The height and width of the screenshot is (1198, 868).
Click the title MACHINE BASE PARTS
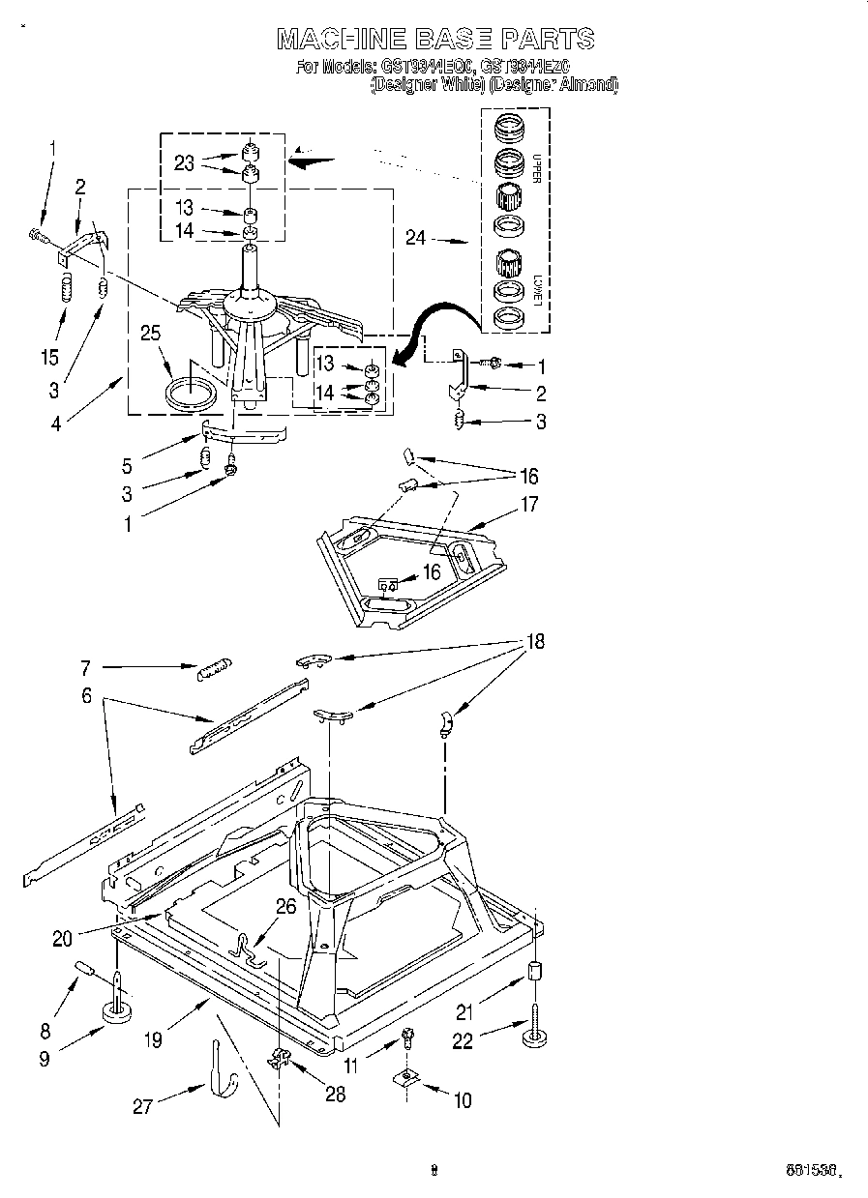(434, 39)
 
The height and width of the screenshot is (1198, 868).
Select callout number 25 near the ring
(149, 334)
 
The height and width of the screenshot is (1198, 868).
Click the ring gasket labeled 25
(190, 394)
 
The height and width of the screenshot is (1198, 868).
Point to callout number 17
(528, 504)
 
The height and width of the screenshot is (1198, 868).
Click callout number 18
(533, 641)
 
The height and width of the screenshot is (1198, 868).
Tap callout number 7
(85, 666)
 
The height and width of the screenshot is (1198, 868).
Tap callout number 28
(335, 1095)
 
